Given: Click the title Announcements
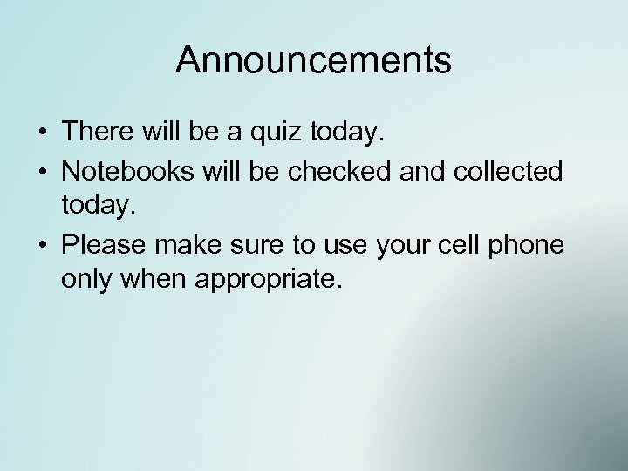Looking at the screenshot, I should (x=313, y=61).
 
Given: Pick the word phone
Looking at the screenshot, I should (x=531, y=246).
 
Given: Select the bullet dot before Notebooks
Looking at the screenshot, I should (x=42, y=171).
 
